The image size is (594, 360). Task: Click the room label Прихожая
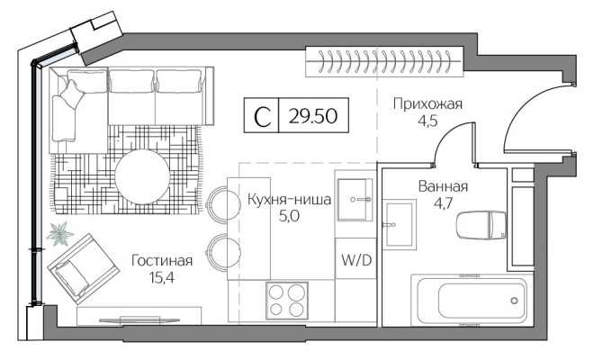(x=427, y=104)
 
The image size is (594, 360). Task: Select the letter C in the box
(x=262, y=115)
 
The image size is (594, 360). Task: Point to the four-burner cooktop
(x=287, y=299)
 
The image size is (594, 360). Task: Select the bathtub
(x=469, y=298)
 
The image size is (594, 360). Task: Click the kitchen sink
(x=353, y=196)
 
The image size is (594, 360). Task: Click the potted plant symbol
(x=61, y=234)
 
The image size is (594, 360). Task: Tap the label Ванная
(x=443, y=187)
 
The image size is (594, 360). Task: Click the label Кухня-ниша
(x=289, y=199)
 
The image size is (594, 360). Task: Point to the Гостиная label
(x=162, y=261)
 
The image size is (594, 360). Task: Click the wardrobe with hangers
(x=385, y=63)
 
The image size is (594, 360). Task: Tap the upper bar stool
(x=219, y=202)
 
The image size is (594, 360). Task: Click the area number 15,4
(x=162, y=277)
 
